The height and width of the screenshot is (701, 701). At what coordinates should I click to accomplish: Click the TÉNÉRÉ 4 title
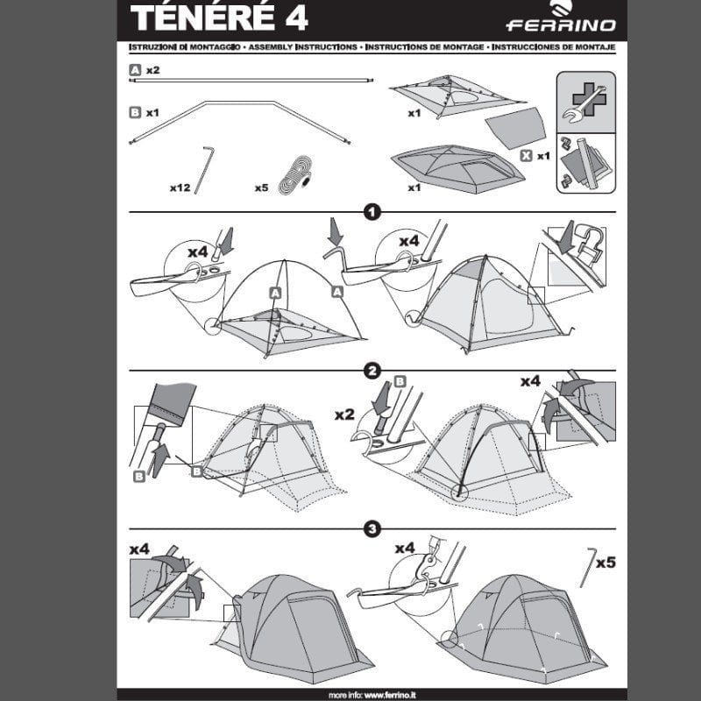[220, 18]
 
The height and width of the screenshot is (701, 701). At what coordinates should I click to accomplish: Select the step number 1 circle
[372, 212]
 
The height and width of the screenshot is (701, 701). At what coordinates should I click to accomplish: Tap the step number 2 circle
[372, 371]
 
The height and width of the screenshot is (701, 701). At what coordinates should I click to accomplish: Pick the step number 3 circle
[372, 529]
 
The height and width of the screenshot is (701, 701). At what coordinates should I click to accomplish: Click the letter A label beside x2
[135, 68]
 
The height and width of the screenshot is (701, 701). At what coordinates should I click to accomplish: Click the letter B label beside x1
[135, 112]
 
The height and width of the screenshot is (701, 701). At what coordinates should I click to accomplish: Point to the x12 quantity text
[181, 187]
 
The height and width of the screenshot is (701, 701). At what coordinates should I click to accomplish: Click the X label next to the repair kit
[525, 155]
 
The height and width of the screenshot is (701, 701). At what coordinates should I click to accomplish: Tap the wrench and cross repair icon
[585, 103]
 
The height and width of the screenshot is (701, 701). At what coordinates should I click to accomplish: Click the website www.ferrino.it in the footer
[394, 694]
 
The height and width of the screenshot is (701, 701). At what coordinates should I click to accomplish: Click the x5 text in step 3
[605, 562]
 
